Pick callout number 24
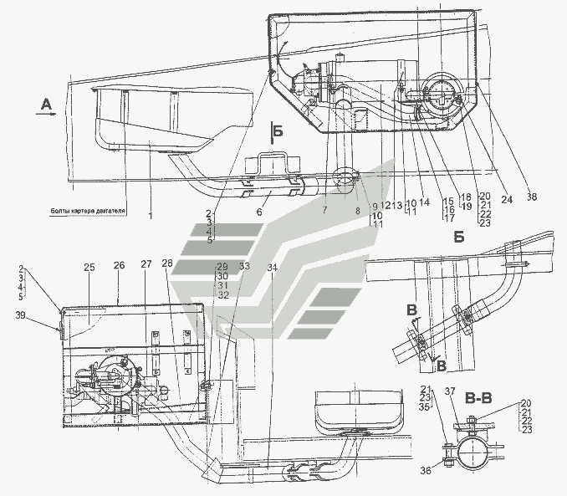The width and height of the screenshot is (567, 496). click(x=507, y=201)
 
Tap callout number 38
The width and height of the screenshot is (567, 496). click(x=534, y=197)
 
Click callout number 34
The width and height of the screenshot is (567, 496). click(x=271, y=268)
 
